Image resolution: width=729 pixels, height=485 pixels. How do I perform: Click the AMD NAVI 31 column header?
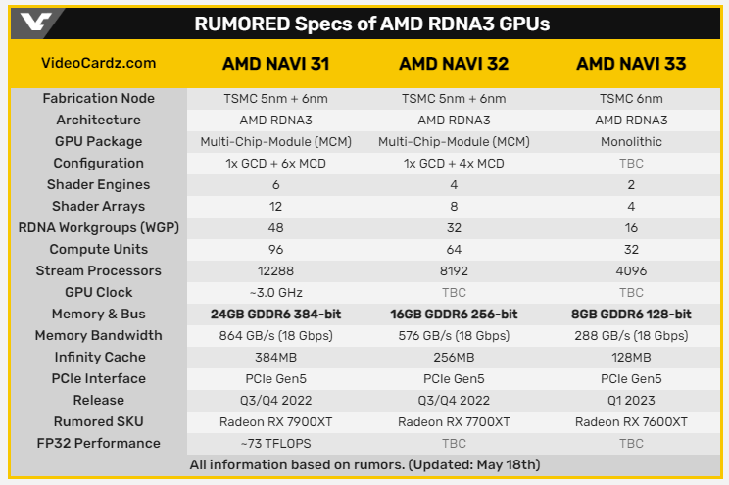coord(275,64)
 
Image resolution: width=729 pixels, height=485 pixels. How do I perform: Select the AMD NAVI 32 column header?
coord(454,64)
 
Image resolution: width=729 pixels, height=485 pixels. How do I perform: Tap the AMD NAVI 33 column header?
coord(631,64)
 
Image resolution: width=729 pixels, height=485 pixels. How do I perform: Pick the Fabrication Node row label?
coord(98,99)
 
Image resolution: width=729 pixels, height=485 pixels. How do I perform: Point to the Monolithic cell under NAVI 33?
coord(631,142)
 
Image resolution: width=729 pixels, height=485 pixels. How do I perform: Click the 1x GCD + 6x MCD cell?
coord(275,164)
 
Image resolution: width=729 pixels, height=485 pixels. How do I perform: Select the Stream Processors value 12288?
coord(275,271)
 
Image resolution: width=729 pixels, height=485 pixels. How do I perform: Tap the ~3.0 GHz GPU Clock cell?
coord(275,293)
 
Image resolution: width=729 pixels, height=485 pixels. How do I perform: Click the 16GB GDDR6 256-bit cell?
coord(454,315)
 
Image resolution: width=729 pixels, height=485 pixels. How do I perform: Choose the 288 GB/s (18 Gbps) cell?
coord(631,336)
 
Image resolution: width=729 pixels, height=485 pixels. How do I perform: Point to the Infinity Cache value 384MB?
coord(275,358)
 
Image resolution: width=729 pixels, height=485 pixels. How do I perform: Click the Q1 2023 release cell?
coord(631,401)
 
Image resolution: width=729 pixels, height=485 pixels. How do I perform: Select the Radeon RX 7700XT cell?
coord(454,422)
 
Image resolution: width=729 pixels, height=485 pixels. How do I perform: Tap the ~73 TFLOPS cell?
coord(275,444)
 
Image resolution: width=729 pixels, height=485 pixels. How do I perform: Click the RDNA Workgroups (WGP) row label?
coord(98,228)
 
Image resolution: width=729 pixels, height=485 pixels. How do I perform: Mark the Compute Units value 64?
coord(454,250)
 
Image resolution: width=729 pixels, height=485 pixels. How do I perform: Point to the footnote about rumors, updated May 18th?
coord(364,464)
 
